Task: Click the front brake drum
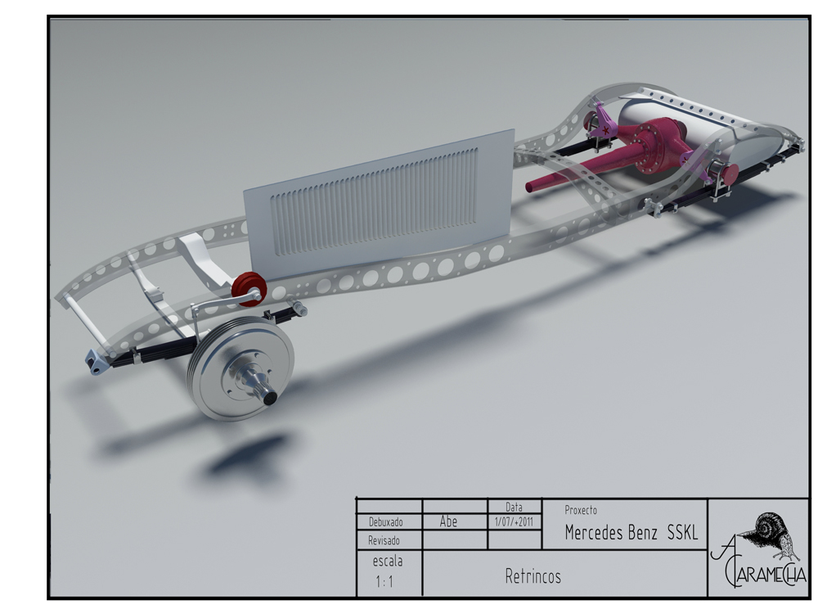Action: [x=241, y=368]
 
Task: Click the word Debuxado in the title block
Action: [x=385, y=522]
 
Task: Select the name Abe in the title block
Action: [x=448, y=521]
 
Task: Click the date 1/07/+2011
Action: [x=514, y=521]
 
